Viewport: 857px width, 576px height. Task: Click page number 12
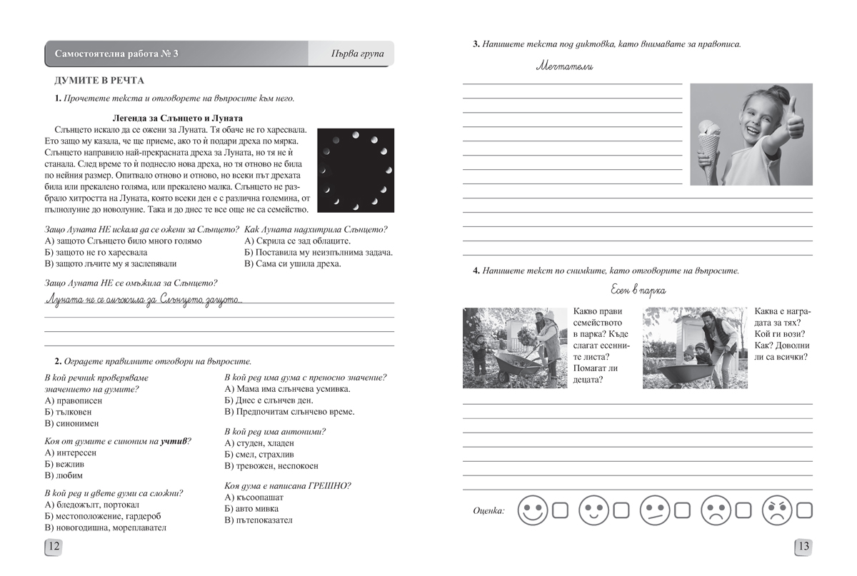click(x=54, y=547)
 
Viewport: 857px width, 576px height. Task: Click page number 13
click(x=803, y=547)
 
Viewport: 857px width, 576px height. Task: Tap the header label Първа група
click(x=358, y=54)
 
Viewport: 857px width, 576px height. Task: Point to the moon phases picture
click(x=356, y=170)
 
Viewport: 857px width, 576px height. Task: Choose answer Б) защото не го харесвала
click(x=96, y=252)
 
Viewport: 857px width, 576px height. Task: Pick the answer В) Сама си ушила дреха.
click(x=292, y=263)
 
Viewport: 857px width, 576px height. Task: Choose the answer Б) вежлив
click(x=70, y=464)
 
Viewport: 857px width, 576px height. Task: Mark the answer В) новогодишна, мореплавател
click(x=105, y=527)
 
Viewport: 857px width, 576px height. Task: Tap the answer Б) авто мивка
click(x=251, y=508)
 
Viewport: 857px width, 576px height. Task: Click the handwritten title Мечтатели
click(x=564, y=67)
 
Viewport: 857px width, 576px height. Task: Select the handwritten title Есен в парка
click(x=638, y=290)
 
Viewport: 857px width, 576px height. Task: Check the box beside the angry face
click(x=805, y=510)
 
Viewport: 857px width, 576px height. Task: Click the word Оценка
click(x=488, y=511)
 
